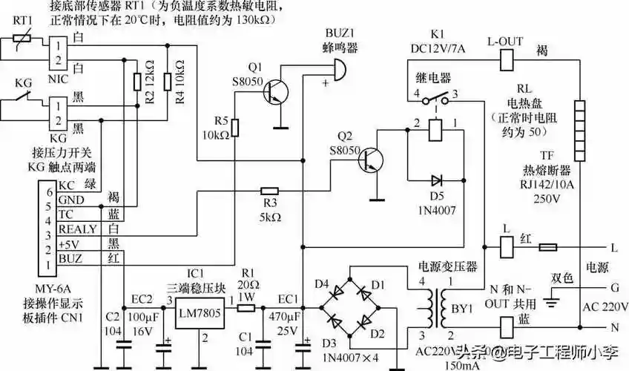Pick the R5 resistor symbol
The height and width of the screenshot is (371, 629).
tap(235, 129)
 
